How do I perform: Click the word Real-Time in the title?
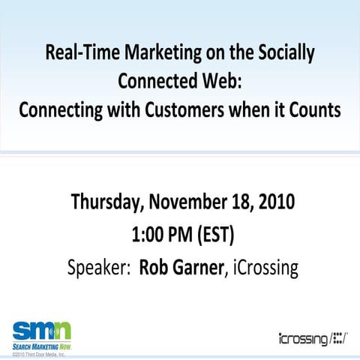(x=76, y=54)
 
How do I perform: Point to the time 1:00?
(x=147, y=234)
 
